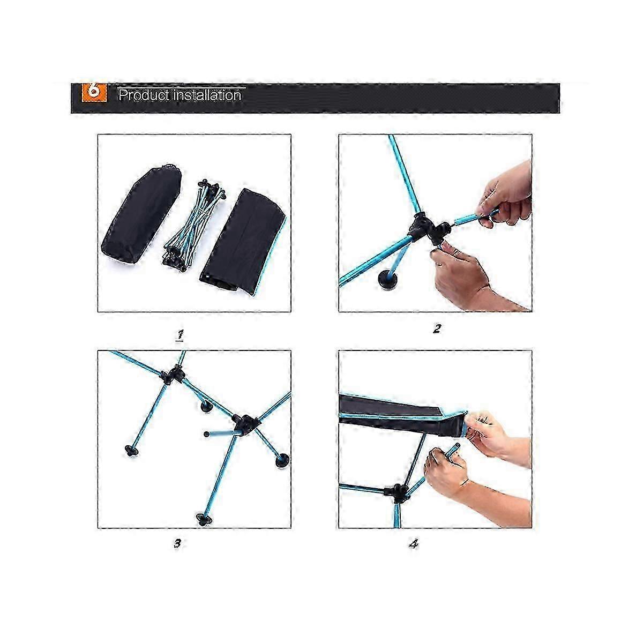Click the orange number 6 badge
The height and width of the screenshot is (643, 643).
click(x=94, y=92)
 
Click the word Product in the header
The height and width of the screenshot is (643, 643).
click(x=144, y=95)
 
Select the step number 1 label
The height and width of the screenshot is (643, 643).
click(x=180, y=335)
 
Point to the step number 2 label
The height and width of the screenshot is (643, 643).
click(x=437, y=329)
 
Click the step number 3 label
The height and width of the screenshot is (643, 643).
click(x=177, y=543)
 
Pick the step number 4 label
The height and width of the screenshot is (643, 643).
click(x=413, y=544)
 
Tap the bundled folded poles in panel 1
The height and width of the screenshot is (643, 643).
click(x=193, y=226)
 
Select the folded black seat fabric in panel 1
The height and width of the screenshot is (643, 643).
click(x=243, y=242)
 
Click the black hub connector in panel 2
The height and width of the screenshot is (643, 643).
click(x=429, y=229)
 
